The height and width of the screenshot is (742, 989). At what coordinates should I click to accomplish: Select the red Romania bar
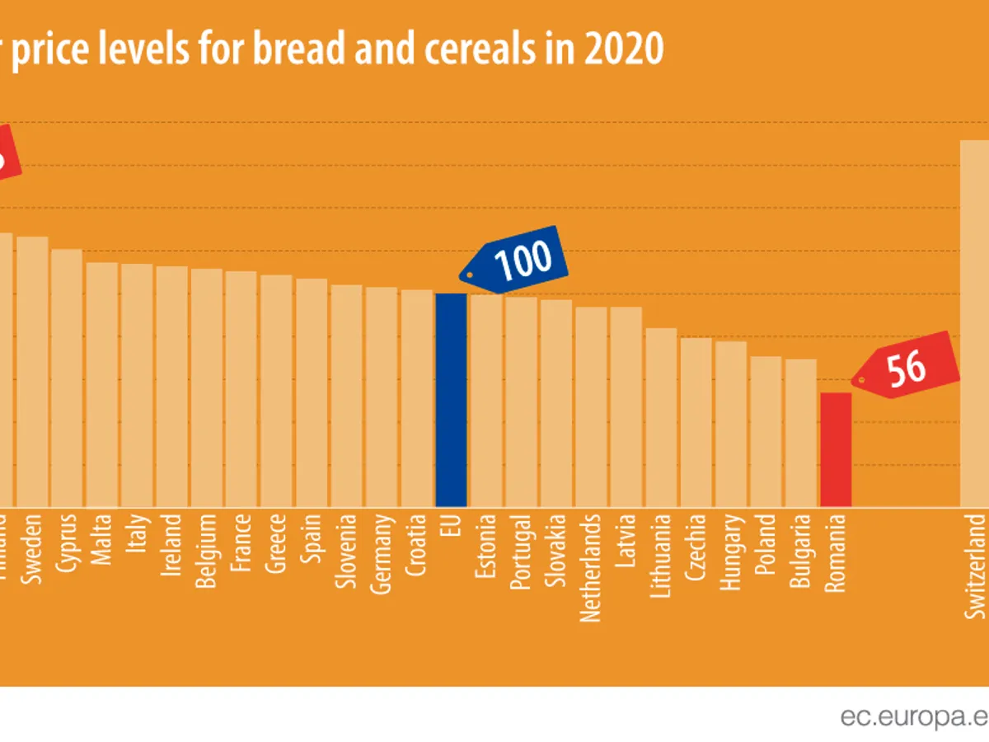(836, 449)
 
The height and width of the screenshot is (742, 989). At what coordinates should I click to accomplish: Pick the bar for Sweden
(33, 371)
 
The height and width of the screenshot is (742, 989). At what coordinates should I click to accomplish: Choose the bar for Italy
(137, 385)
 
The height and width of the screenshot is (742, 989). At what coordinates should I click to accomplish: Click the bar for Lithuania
(661, 417)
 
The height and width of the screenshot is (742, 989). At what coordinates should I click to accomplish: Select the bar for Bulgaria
(801, 433)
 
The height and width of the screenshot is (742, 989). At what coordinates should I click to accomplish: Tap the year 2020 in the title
(626, 49)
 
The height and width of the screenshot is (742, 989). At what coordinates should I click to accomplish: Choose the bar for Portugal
(521, 402)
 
